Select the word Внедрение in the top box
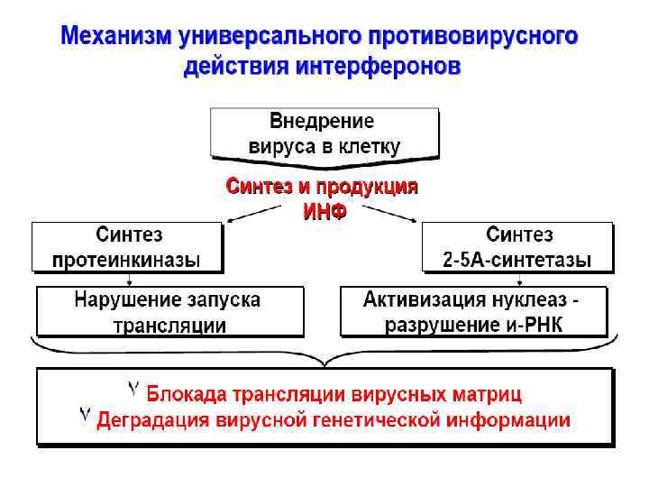point(323,121)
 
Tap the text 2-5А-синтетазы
point(517,260)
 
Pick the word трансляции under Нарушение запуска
point(169,324)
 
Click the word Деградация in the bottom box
point(150,419)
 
